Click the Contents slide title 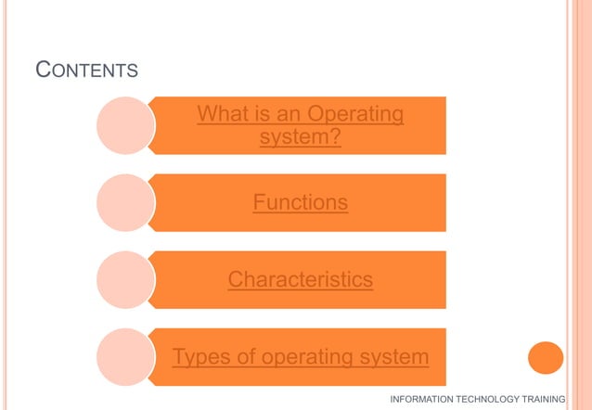(x=86, y=70)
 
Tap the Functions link (x=301, y=202)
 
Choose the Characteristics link (x=301, y=279)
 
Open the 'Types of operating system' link (x=301, y=356)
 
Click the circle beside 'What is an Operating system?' (x=124, y=125)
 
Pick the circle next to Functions (x=124, y=202)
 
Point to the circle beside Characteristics (x=124, y=279)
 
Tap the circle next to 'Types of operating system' (x=124, y=356)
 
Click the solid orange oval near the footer (x=546, y=357)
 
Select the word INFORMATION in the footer (x=422, y=399)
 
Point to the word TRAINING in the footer (x=547, y=399)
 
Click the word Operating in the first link (x=355, y=115)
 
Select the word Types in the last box (x=199, y=356)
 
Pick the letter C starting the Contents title (x=42, y=69)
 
